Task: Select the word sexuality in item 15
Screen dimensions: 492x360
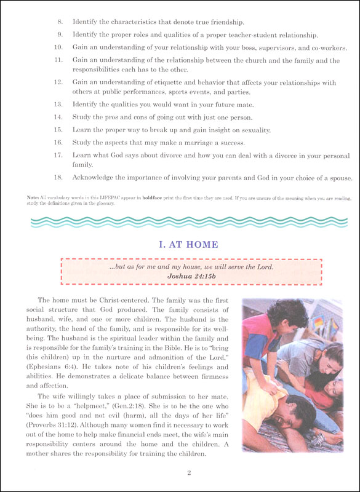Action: point(252,130)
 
